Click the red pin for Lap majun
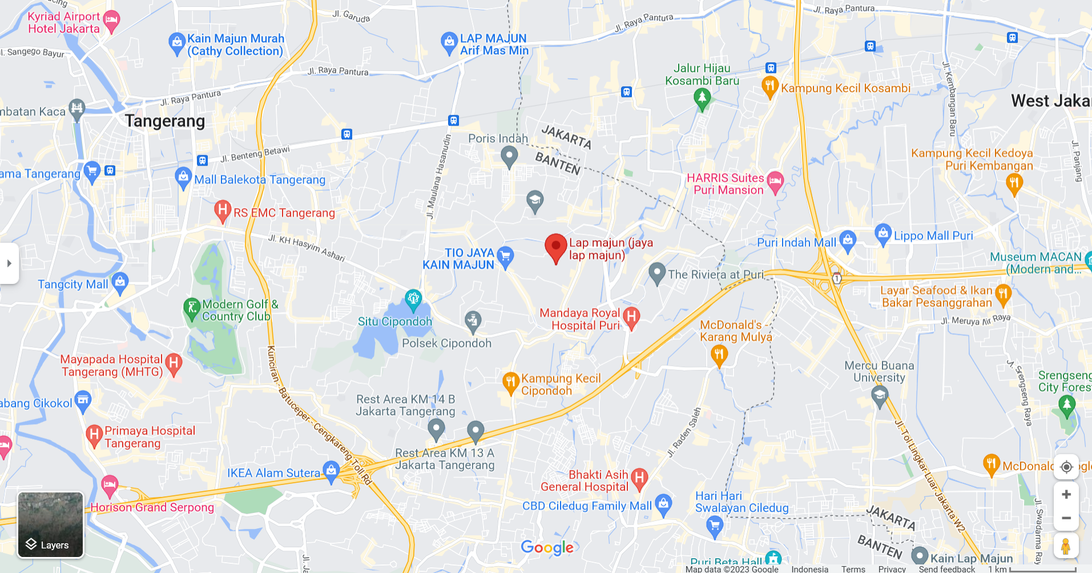click(x=555, y=247)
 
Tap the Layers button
click(x=51, y=524)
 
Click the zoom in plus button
click(x=1066, y=495)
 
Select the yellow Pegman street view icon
click(x=1066, y=546)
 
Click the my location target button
click(x=1066, y=467)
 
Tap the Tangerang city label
click(x=164, y=121)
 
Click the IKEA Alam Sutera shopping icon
click(x=331, y=471)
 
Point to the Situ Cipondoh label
click(x=395, y=322)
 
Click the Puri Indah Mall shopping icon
click(x=848, y=240)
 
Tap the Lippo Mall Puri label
click(x=933, y=235)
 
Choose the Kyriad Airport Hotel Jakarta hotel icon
click(x=112, y=21)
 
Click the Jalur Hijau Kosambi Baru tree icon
click(x=702, y=98)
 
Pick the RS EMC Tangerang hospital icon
click(x=222, y=210)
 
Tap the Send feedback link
click(x=946, y=568)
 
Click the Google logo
click(x=547, y=548)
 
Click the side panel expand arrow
click(x=9, y=263)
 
